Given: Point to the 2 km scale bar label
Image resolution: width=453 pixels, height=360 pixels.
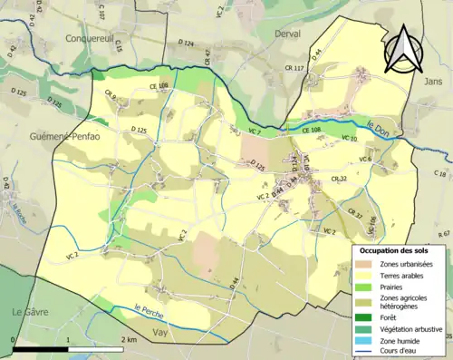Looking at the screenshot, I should coord(127,338).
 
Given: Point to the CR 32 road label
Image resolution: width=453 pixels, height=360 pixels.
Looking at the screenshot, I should coord(337,179).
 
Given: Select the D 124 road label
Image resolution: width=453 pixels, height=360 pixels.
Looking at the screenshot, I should coord(186,43).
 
